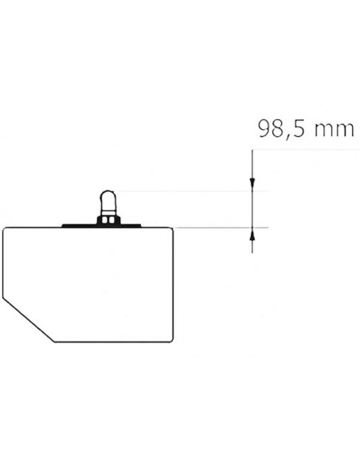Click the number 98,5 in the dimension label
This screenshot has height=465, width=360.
click(282, 129)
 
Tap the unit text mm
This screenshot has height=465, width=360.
click(334, 131)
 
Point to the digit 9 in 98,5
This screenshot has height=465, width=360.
click(264, 128)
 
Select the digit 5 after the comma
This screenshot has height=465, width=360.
click(299, 129)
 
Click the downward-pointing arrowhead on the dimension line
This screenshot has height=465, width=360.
click(252, 183)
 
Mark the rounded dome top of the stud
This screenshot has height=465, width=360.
click(108, 196)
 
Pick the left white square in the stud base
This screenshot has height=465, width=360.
click(104, 221)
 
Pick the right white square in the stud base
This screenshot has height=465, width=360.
click(112, 221)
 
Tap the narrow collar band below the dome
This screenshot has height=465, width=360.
click(108, 213)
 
